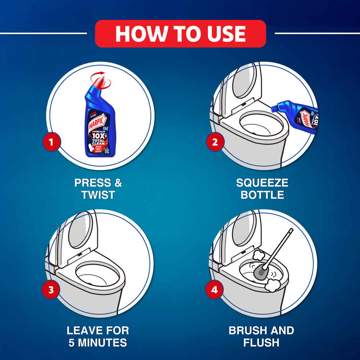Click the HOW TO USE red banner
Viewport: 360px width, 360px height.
click(180, 34)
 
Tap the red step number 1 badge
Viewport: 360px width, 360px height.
click(52, 142)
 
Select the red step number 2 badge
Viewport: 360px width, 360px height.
click(215, 142)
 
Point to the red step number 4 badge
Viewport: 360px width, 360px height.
click(214, 290)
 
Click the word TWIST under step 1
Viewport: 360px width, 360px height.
click(98, 195)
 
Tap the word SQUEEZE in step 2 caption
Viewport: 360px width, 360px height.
click(262, 183)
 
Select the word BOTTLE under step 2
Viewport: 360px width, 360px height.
click(262, 195)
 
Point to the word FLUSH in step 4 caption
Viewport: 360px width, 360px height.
click(261, 342)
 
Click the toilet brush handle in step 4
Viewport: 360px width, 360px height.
click(280, 247)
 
